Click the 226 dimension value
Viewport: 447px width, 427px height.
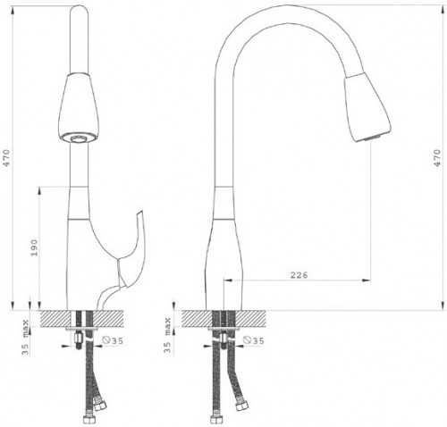[x=299, y=275]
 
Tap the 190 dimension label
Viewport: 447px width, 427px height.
[x=35, y=247]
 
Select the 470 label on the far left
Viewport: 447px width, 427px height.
[x=6, y=158]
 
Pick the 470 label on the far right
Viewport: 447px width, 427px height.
[x=437, y=158]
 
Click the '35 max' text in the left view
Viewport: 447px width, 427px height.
[x=26, y=338]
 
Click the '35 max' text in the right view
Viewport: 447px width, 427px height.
[x=167, y=336]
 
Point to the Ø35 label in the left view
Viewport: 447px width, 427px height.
[x=113, y=340]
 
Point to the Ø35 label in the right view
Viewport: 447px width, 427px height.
[x=254, y=340]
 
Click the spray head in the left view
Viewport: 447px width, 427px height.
[x=79, y=108]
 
